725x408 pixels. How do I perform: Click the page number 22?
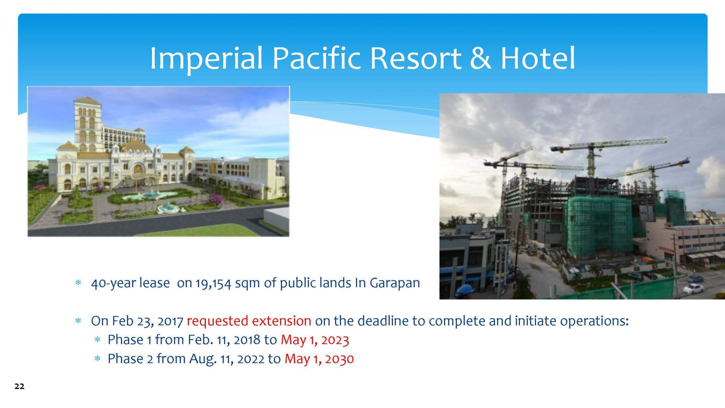click(20, 386)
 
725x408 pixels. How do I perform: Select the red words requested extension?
click(249, 321)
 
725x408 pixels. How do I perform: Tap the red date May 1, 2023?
click(315, 340)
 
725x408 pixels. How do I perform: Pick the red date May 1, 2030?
click(319, 359)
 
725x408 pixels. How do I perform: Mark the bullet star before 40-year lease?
click(78, 283)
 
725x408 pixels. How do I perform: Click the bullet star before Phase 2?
click(97, 359)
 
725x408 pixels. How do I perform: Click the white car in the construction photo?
click(693, 289)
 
